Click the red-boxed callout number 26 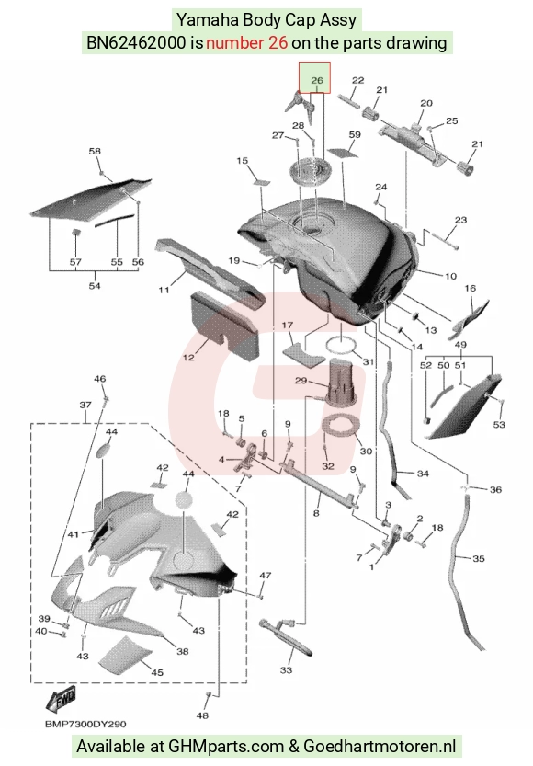(x=317, y=80)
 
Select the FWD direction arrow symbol (x=61, y=700)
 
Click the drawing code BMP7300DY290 (x=85, y=724)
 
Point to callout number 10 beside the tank (x=450, y=276)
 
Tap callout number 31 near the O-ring (x=368, y=361)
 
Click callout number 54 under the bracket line (x=95, y=285)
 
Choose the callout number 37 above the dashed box (x=85, y=405)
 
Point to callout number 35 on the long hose (x=479, y=558)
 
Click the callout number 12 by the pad (x=188, y=357)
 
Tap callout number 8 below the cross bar (x=316, y=513)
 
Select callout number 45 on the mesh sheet (x=156, y=672)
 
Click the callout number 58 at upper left (x=95, y=151)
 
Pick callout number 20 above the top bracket (x=426, y=103)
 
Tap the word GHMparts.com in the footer (x=226, y=747)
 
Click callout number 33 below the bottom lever (x=286, y=669)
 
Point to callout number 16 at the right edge (x=470, y=288)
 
